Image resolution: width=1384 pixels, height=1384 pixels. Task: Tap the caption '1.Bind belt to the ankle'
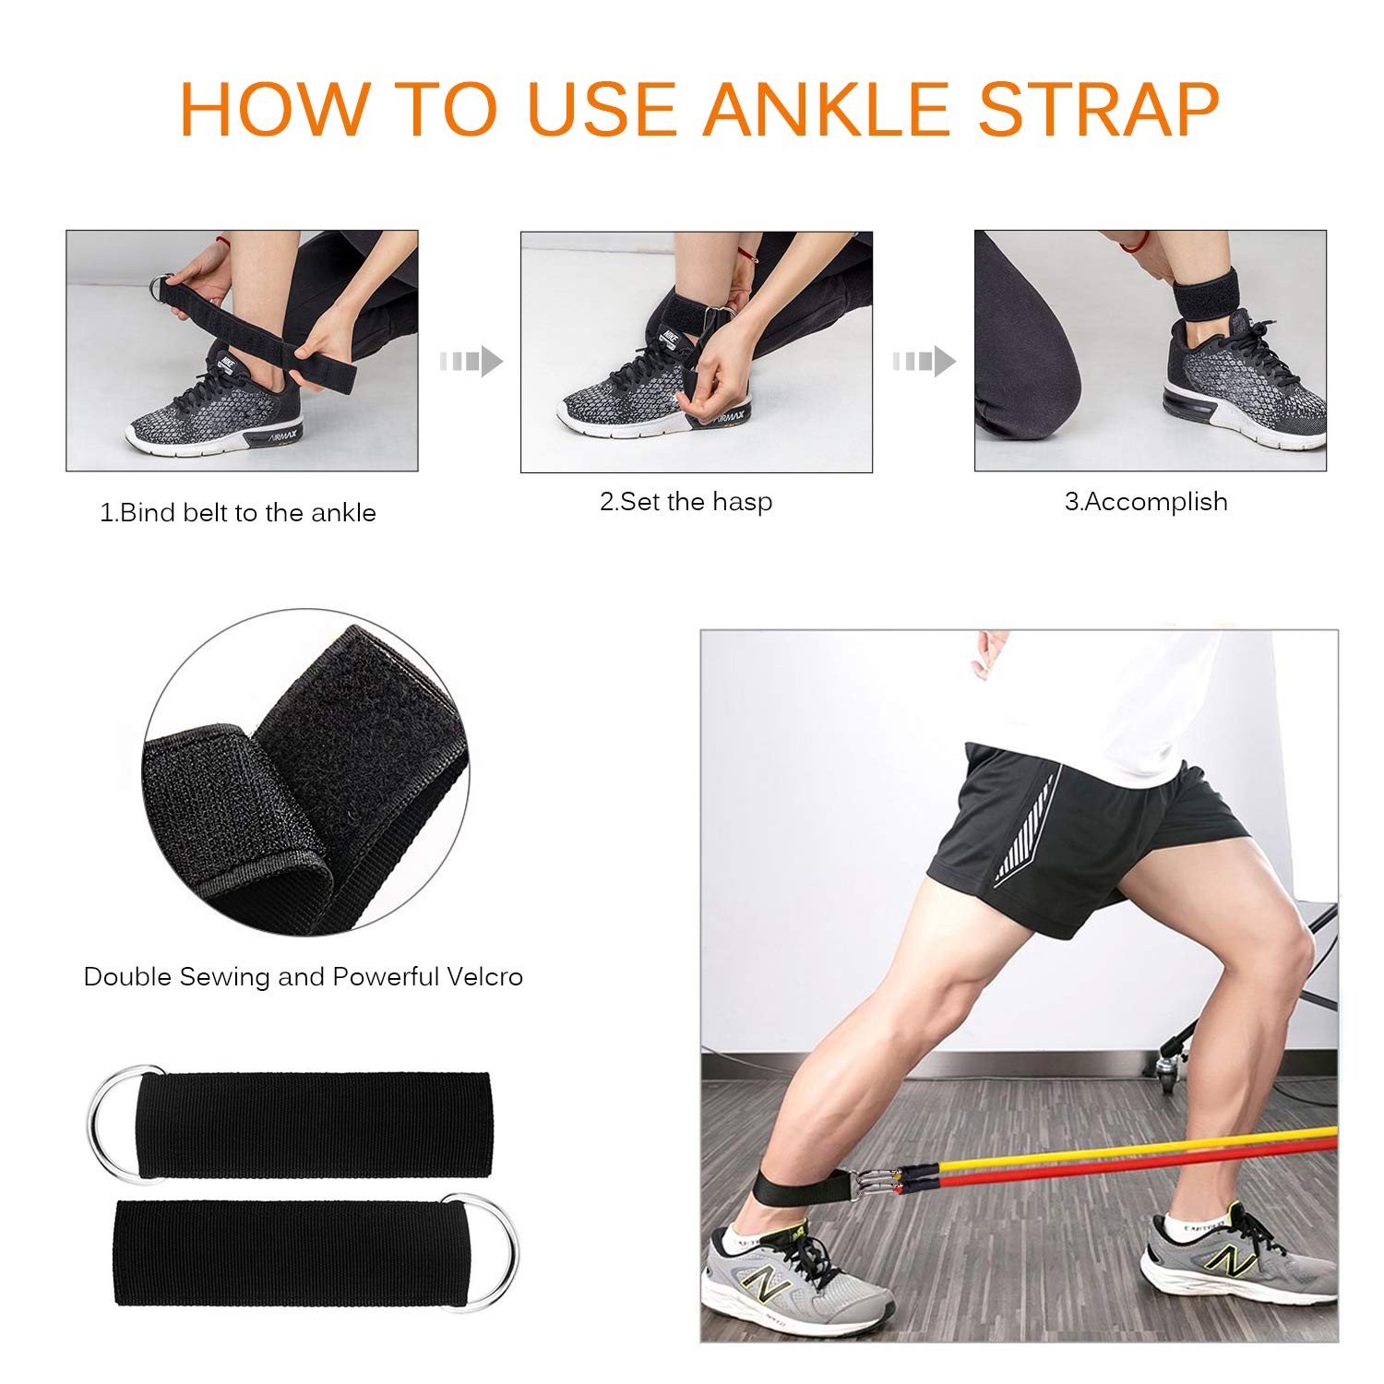coord(238,513)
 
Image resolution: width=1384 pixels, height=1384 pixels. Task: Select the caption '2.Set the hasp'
coord(686,502)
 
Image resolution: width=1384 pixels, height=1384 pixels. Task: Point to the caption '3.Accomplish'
coord(1146,502)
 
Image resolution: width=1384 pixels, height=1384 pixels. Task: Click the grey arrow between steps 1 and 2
coord(471,361)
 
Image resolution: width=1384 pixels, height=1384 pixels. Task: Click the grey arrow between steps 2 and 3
coord(924,361)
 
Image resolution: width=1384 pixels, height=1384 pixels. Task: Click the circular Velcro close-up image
coord(304,770)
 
